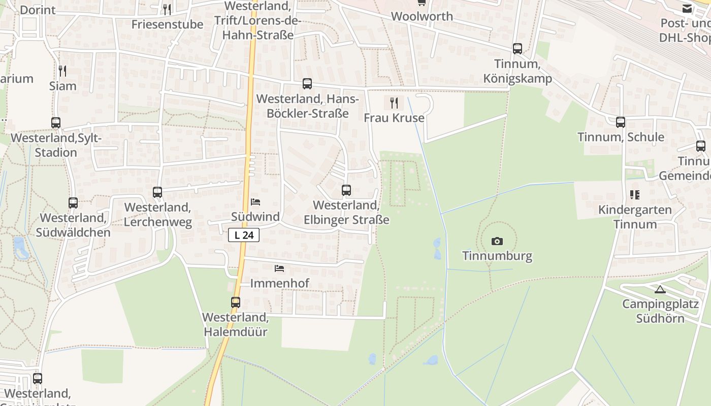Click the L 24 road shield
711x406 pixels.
(244, 235)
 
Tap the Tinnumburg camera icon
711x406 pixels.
(497, 242)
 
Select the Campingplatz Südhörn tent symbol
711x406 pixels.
(660, 290)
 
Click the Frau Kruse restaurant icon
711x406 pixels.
(394, 103)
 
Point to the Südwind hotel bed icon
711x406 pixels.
(255, 202)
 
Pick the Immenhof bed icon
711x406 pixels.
(279, 268)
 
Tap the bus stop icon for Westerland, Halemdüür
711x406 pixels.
(236, 302)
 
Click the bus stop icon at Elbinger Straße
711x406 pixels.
(346, 190)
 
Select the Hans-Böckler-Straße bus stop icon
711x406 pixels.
(307, 84)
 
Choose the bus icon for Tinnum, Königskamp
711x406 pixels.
(518, 49)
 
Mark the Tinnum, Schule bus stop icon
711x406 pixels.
(621, 122)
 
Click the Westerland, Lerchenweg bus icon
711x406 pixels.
(157, 192)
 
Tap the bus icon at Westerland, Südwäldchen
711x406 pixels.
(73, 203)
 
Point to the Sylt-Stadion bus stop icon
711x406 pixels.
(56, 123)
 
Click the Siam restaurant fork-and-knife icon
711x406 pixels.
(62, 71)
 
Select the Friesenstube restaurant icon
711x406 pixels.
(167, 10)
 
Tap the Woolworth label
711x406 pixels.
(422, 16)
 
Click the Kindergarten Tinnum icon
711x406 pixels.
(634, 195)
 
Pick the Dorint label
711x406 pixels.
(38, 10)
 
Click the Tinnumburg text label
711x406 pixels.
(497, 256)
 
